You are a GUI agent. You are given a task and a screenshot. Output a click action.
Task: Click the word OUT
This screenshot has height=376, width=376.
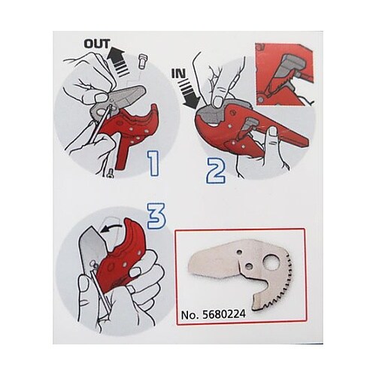coord(97,44)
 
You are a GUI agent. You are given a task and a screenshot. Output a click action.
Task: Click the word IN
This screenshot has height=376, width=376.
coord(178,74)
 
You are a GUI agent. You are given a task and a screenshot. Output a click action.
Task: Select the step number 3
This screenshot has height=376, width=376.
coord(156,216)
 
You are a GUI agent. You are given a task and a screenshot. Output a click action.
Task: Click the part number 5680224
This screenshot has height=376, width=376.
coord(223,314)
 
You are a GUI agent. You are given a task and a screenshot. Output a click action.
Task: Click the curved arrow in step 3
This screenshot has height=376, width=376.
coord(111,228)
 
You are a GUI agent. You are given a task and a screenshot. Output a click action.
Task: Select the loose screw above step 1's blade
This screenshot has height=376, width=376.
coord(143,62)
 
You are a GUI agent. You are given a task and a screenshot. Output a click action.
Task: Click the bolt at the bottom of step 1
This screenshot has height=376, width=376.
coord(111,173)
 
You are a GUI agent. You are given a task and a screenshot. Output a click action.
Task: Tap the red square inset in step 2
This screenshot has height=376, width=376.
coord(284,74)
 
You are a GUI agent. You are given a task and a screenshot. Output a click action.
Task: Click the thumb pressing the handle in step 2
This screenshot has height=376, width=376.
coord(272,141)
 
